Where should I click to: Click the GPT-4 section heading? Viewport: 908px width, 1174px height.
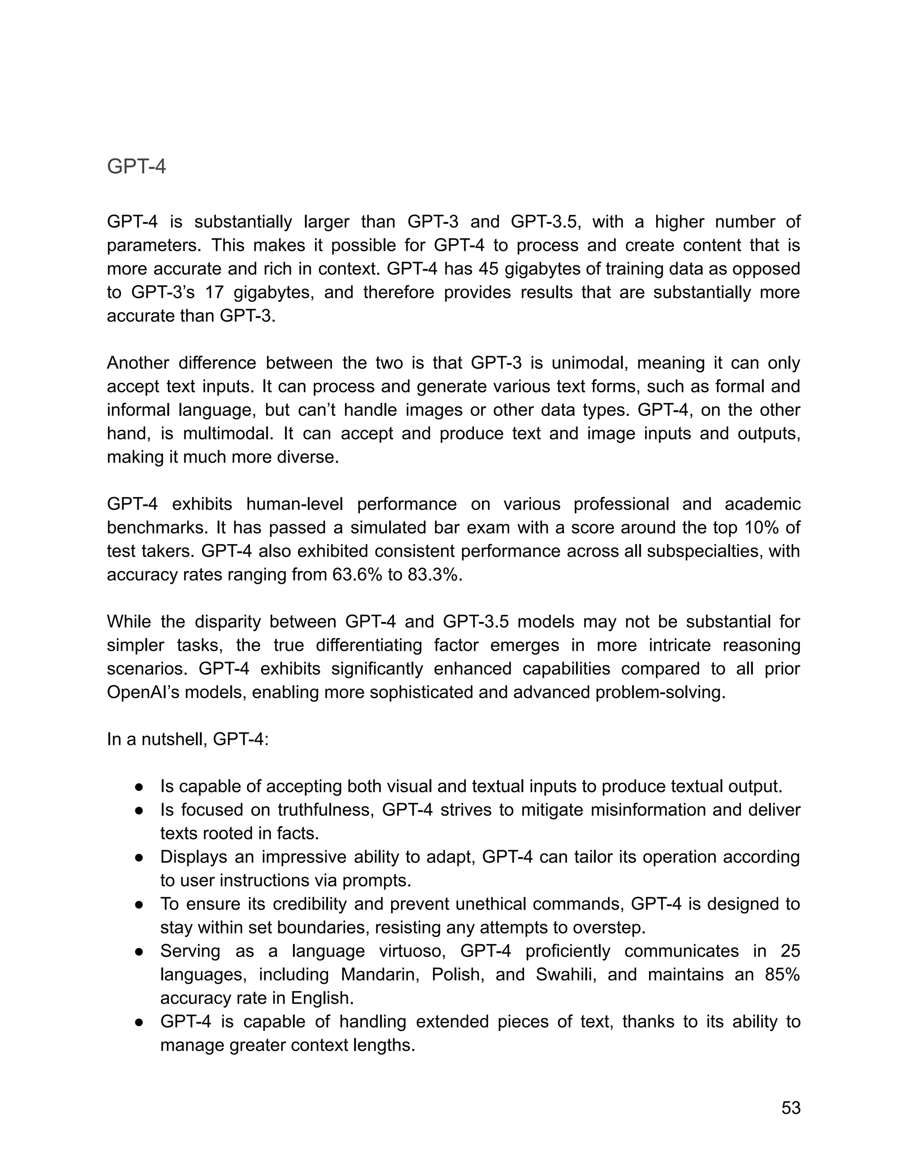[x=136, y=167]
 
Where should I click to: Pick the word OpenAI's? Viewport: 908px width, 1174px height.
[x=143, y=692]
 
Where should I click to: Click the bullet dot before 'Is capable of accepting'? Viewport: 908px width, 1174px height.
[x=139, y=787]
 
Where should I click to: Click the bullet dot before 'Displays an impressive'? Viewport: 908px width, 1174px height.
[x=139, y=857]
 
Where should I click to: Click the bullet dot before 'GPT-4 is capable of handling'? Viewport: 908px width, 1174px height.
[x=139, y=1022]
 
